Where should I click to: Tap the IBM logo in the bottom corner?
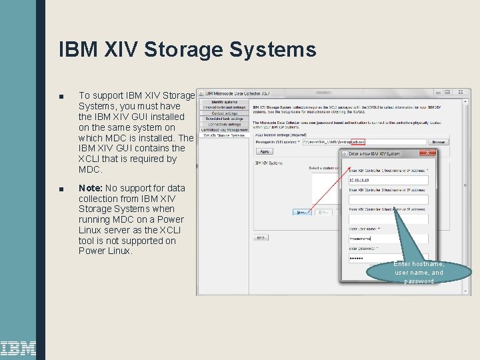point(18,348)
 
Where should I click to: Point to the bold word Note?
point(90,189)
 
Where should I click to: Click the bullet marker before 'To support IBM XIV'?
point(61,96)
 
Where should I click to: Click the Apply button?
point(265,152)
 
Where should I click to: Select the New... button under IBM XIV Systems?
point(301,212)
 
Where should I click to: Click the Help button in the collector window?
point(261,237)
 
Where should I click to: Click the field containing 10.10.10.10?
point(388,179)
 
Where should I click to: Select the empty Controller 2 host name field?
point(388,199)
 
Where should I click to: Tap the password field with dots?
point(388,258)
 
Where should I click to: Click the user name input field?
point(388,238)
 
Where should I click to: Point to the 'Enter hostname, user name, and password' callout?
point(419,272)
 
